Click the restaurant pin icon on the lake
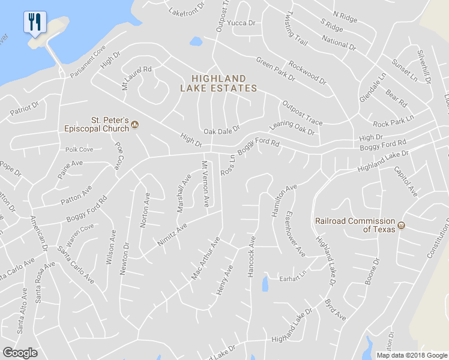coord(35,23)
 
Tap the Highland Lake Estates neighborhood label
coord(218,83)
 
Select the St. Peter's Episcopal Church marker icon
coord(135,125)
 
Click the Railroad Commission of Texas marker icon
coord(402,226)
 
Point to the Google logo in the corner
coord(20,353)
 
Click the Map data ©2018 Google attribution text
coord(412,355)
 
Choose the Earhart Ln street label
coord(292,278)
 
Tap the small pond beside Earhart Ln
coord(265,284)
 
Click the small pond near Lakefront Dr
coord(196,42)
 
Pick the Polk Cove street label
coord(79,149)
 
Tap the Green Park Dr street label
coord(276,69)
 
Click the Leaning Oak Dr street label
coord(292,128)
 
